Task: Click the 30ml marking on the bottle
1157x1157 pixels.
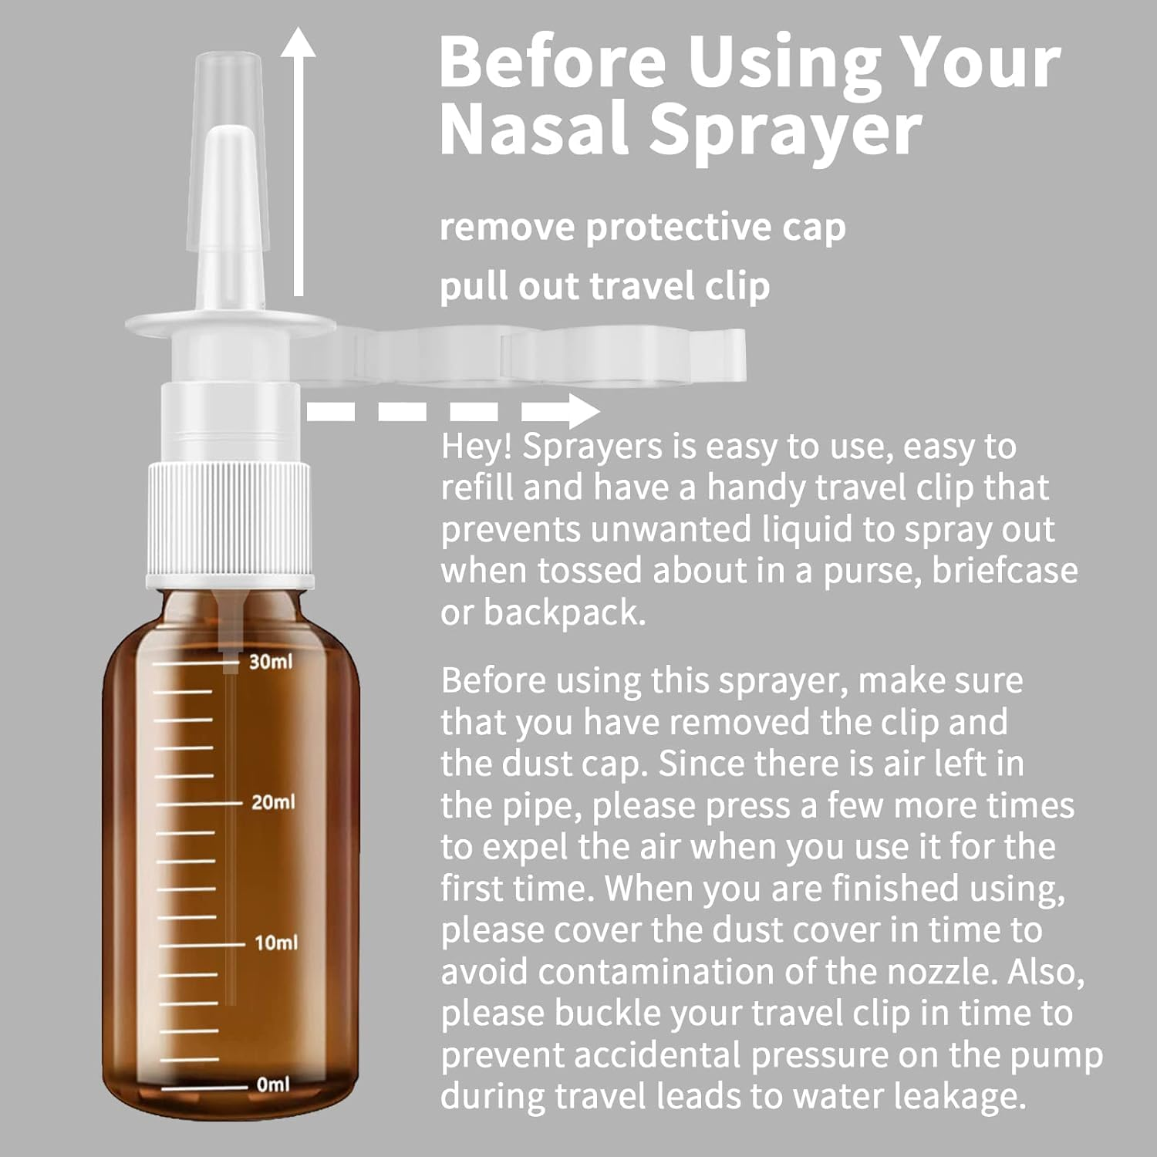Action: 270,662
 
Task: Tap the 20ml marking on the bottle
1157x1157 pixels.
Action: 272,802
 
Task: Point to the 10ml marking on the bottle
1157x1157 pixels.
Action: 275,943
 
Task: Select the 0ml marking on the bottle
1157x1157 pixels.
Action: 273,1084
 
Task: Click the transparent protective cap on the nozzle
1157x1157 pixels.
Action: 228,85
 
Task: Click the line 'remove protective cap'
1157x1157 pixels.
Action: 642,228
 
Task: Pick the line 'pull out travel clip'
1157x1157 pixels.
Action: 604,286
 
